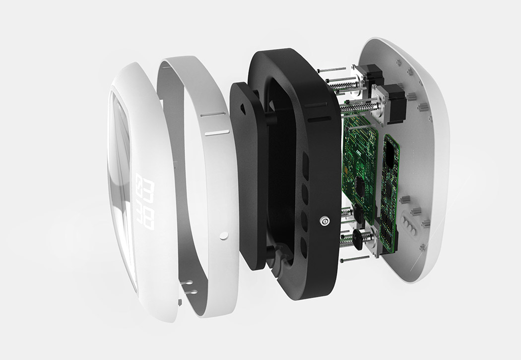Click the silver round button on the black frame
325,219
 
